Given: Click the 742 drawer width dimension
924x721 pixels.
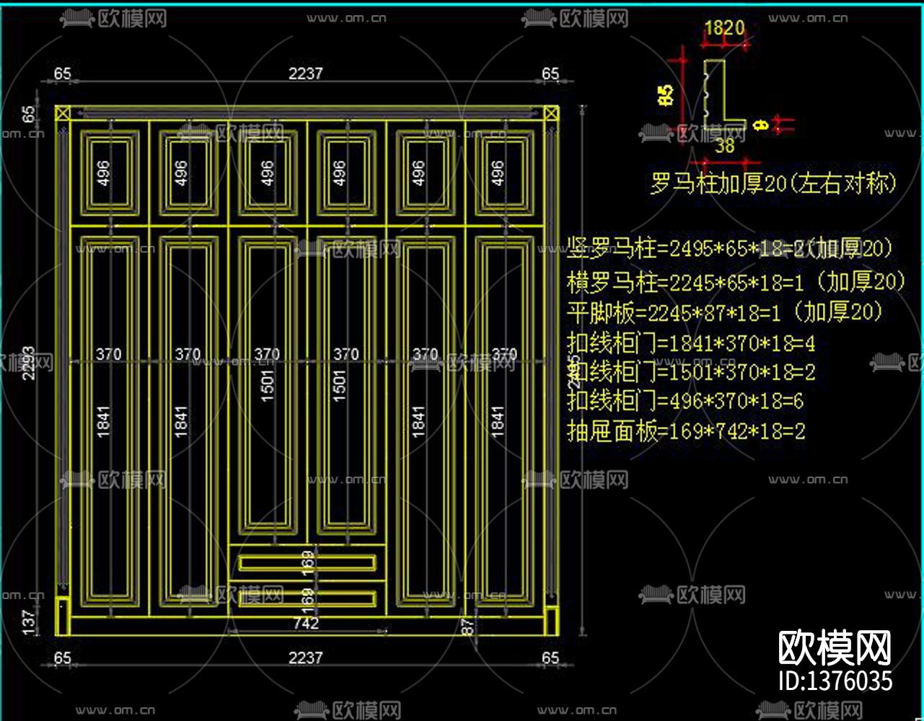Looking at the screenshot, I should pyautogui.click(x=307, y=623).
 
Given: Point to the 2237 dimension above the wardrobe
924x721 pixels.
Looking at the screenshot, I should pyautogui.click(x=306, y=74).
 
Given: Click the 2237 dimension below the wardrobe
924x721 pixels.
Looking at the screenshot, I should pyautogui.click(x=306, y=658).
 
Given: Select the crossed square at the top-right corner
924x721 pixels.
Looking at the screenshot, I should pyautogui.click(x=551, y=113).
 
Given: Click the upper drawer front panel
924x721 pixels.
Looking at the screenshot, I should pyautogui.click(x=307, y=562).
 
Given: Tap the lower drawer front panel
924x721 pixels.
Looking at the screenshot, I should pyautogui.click(x=307, y=597).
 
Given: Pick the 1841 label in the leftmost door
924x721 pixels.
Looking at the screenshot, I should pyautogui.click(x=103, y=423).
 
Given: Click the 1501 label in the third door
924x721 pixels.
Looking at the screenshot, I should pyautogui.click(x=268, y=386).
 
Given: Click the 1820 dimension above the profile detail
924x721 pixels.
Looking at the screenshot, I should pyautogui.click(x=723, y=29).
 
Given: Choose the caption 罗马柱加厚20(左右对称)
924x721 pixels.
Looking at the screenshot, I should pyautogui.click(x=773, y=184).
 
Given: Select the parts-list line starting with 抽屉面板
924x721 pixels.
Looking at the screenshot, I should pyautogui.click(x=686, y=432).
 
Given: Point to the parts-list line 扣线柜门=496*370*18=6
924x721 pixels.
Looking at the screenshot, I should pyautogui.click(x=685, y=401).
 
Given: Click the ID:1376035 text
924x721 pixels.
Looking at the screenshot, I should pyautogui.click(x=835, y=681).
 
